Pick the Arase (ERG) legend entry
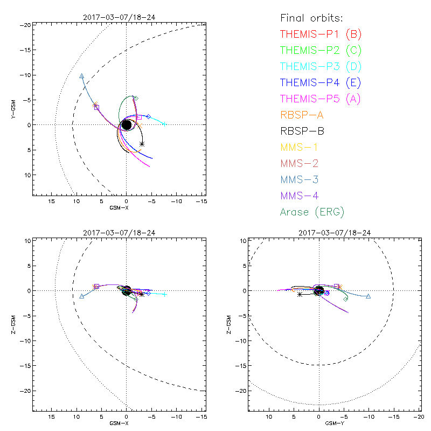point(312,212)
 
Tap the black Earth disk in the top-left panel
point(126,125)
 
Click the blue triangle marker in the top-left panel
point(81,77)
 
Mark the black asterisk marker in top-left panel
point(142,144)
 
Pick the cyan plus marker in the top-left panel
point(164,124)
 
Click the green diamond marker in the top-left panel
point(136,98)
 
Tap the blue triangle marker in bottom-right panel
point(369,296)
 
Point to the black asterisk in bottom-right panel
point(300,294)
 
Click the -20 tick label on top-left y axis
point(25,25)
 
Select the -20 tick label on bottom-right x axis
point(418,417)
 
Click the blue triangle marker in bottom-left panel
point(81,296)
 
